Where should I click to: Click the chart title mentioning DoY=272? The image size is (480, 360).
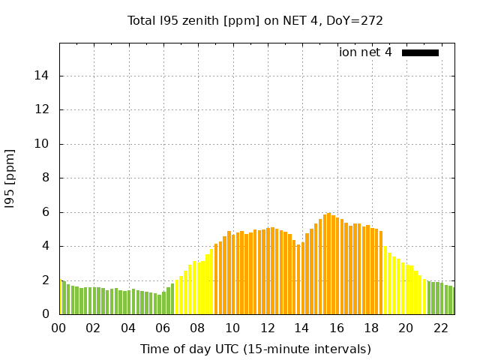coord(255,20)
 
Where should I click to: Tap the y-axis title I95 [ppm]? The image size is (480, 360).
coord(10,178)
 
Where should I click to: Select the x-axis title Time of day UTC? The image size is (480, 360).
coord(255,349)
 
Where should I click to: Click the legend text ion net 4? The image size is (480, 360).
coord(365,52)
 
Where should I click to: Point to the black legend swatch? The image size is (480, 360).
coord(420,52)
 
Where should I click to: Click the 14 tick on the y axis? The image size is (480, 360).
coord(44,76)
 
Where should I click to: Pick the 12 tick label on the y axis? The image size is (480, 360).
coord(44,109)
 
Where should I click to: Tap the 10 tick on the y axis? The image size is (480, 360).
coord(44,144)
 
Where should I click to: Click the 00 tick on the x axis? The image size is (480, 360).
coord(59,328)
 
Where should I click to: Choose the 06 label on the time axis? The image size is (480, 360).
coord(163,328)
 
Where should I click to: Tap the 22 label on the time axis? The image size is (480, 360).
coord(441,328)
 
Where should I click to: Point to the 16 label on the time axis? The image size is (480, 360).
coord(337,328)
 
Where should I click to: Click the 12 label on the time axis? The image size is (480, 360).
coord(267,328)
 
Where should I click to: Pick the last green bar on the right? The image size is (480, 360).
coord(453,301)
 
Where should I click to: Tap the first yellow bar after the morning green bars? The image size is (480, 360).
coord(176,298)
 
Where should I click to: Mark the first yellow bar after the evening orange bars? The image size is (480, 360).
coord(385,281)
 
